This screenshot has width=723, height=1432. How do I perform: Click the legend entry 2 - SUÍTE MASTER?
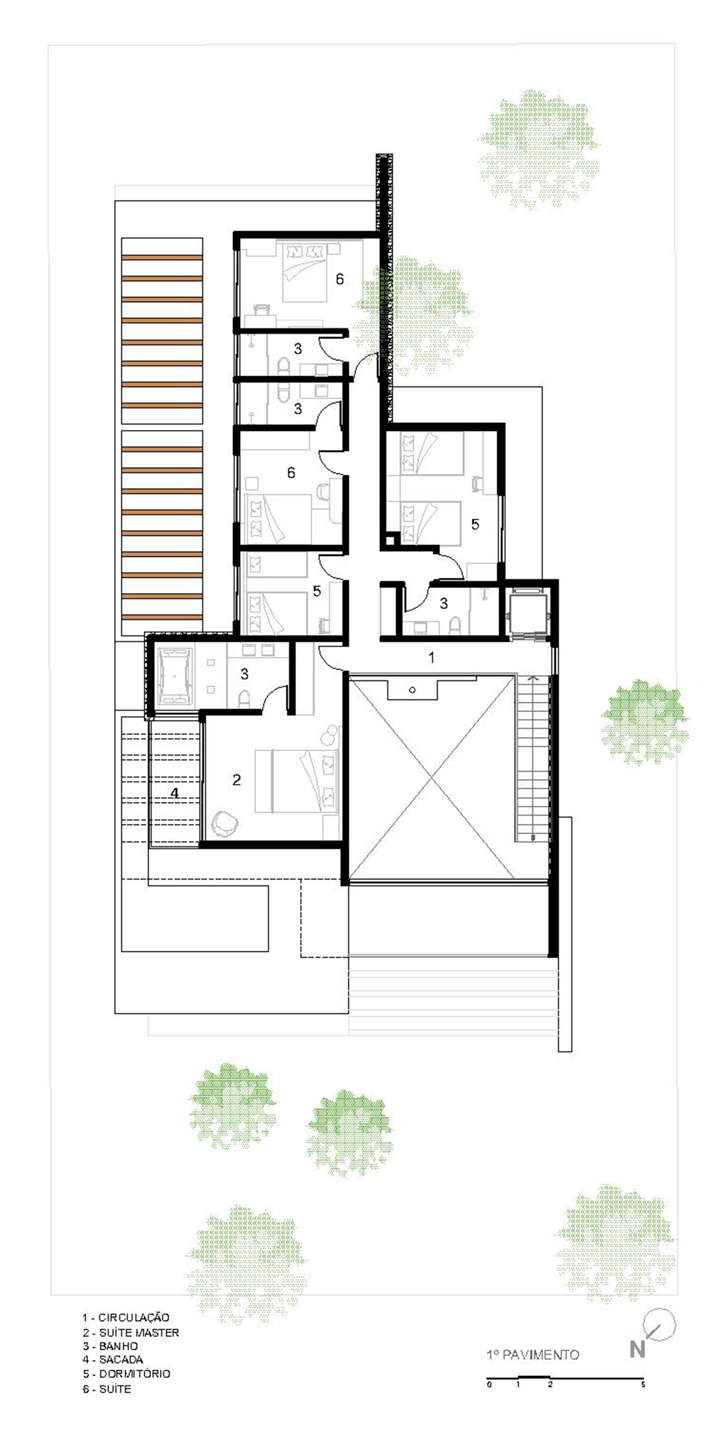click(131, 1333)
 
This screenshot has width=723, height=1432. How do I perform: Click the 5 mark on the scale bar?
click(643, 1385)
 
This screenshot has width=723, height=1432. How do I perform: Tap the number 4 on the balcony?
click(175, 793)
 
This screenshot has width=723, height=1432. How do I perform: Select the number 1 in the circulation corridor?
click(431, 658)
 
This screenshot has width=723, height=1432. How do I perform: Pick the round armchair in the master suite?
click(226, 824)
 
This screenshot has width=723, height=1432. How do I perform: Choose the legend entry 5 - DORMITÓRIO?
click(126, 1374)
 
